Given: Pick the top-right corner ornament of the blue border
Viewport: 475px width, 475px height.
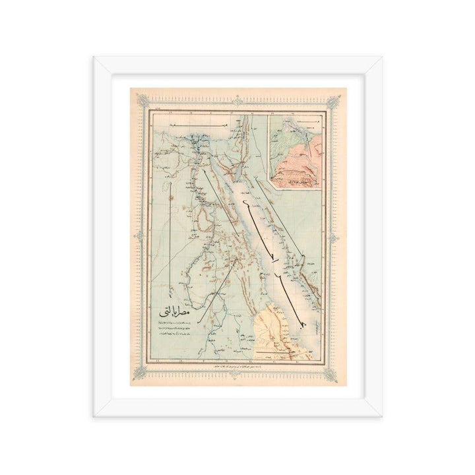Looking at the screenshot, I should (x=336, y=101).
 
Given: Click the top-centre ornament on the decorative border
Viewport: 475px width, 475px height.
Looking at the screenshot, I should (x=238, y=100).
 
